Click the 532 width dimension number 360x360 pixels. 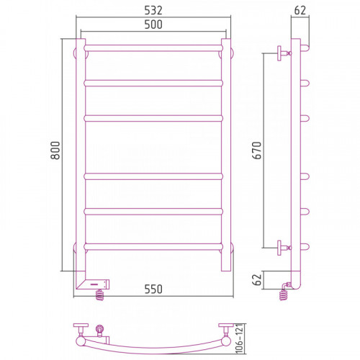(153, 10)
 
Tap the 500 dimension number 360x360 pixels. (153, 24)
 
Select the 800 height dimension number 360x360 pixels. (55, 150)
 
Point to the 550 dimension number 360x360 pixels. (153, 289)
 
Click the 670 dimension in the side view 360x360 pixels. (257, 150)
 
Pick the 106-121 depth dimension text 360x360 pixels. (240, 338)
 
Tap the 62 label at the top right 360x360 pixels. (300, 10)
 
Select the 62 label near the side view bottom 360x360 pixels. (257, 279)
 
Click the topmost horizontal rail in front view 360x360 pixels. (153, 48)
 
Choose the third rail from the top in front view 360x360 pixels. (153, 119)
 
